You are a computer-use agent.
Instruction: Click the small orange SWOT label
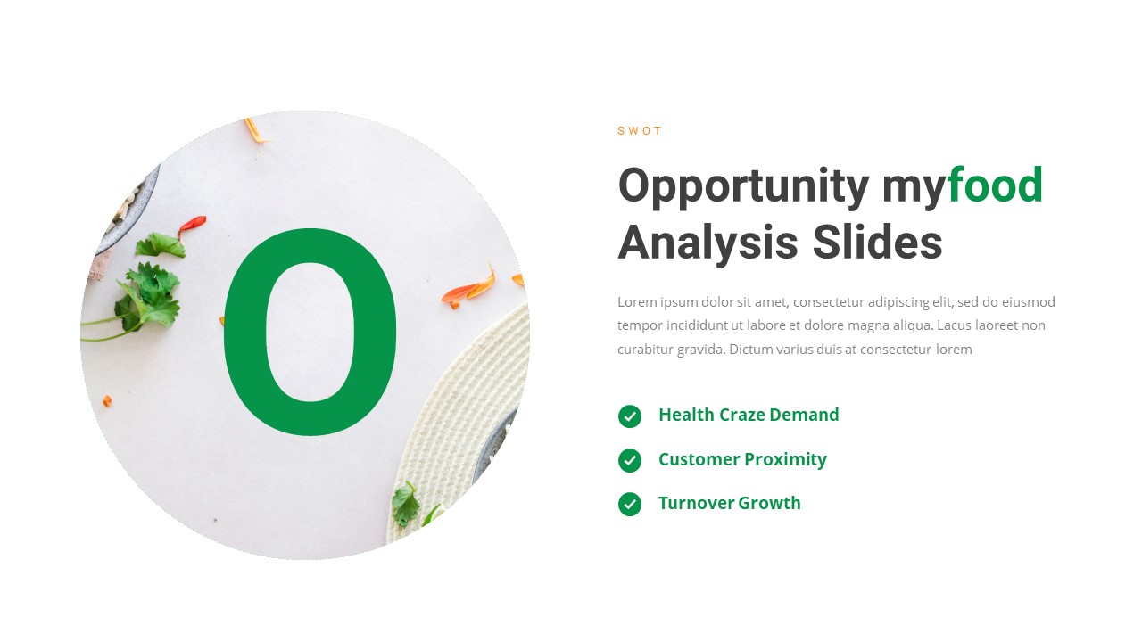pos(640,131)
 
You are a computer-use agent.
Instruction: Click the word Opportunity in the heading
pos(743,186)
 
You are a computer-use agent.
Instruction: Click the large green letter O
pos(310,333)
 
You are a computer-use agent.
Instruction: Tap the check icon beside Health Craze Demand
pos(630,416)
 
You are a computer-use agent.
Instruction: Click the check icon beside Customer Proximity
pos(630,460)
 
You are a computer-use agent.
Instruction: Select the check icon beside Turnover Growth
pos(630,504)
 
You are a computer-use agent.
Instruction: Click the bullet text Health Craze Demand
pos(749,415)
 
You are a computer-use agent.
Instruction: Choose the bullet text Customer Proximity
pos(742,459)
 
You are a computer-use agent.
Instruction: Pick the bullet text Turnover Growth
pos(729,503)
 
